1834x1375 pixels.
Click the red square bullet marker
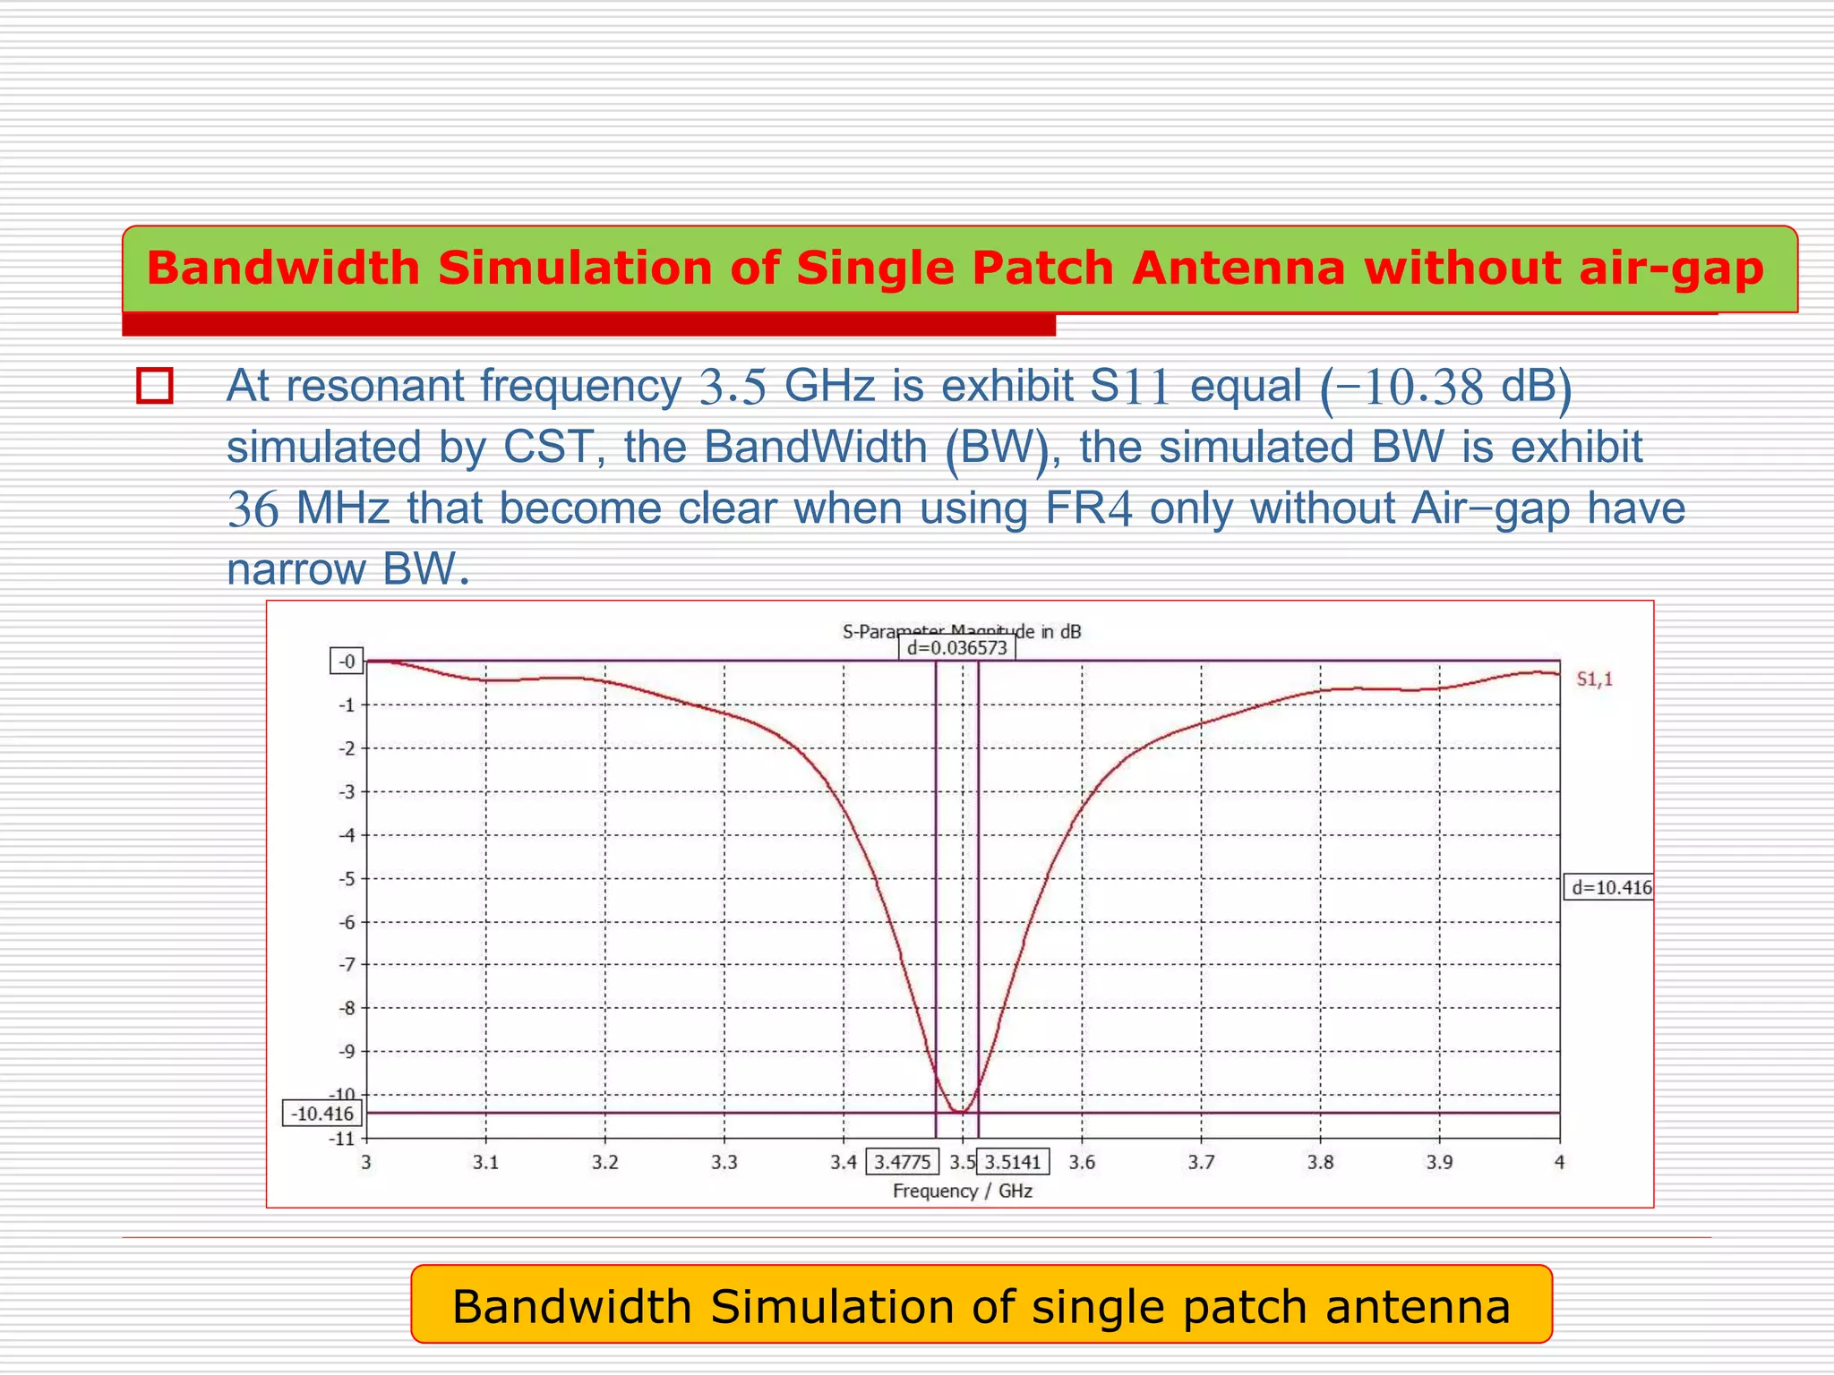[x=155, y=386]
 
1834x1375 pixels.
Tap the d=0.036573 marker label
[x=956, y=647]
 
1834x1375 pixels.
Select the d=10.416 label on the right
[x=1609, y=887]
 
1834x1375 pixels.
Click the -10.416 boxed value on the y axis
[x=322, y=1114]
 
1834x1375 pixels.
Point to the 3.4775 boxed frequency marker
[x=902, y=1162]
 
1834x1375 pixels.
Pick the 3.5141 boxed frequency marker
[x=1013, y=1162]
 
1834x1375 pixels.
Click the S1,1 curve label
[x=1594, y=679]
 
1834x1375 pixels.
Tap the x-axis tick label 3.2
[x=605, y=1162]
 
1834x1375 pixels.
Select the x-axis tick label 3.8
[x=1320, y=1162]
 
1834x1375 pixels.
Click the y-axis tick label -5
[x=347, y=878]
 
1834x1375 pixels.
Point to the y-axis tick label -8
[x=347, y=1008]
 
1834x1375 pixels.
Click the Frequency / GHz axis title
[x=963, y=1191]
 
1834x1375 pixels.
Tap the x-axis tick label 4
[x=1559, y=1162]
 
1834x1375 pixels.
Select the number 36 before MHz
[x=253, y=508]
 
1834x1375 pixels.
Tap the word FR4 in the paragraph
[x=1088, y=508]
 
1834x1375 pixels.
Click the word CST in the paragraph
[x=548, y=447]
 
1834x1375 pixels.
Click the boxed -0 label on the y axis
[x=347, y=662]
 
